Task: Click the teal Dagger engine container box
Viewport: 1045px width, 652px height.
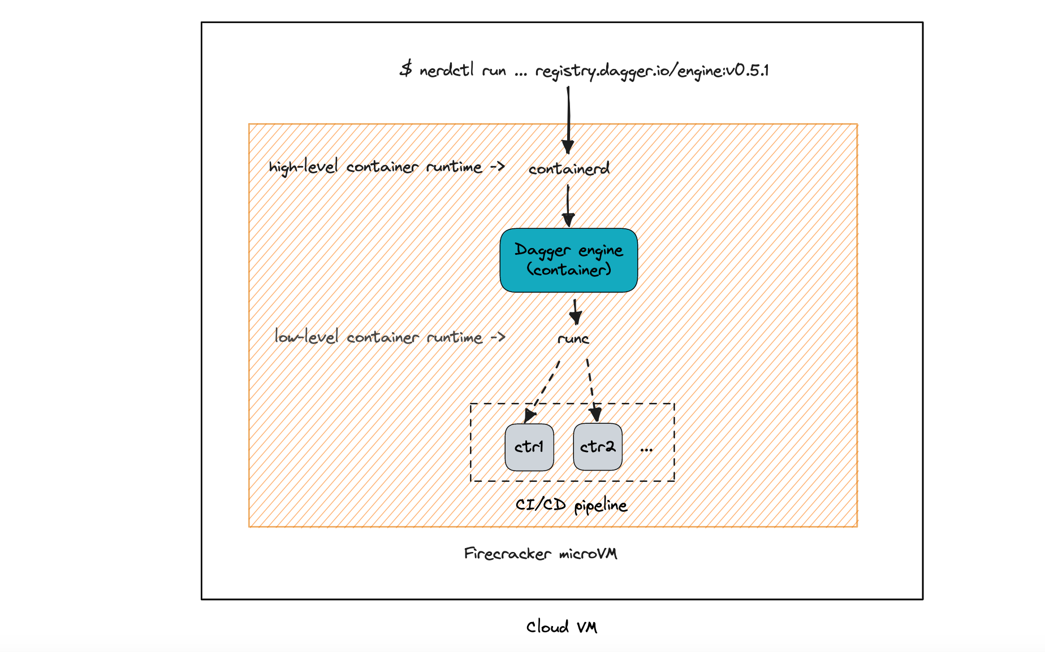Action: (x=568, y=260)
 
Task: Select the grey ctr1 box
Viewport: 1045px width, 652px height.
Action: (x=529, y=447)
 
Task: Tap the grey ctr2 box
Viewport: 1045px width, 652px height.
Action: (x=597, y=447)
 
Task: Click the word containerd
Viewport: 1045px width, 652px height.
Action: (x=569, y=168)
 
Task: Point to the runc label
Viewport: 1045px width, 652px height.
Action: (x=573, y=338)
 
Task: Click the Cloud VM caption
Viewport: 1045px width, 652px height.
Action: (x=562, y=627)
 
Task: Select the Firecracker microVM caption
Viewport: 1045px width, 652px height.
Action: (x=540, y=553)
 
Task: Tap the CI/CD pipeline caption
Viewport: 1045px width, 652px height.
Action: (x=571, y=505)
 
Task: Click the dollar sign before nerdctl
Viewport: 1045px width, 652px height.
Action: (x=405, y=69)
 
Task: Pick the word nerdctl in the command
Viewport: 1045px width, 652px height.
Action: (x=447, y=70)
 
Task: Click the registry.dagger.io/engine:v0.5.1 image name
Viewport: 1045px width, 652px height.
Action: (x=651, y=71)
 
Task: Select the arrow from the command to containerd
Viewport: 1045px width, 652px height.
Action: (x=568, y=119)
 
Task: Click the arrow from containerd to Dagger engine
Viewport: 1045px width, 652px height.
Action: (x=568, y=206)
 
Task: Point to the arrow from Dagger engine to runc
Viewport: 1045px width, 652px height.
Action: (x=576, y=311)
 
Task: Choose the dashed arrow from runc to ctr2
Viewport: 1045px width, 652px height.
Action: (x=591, y=390)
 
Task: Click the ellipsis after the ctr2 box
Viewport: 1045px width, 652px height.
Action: (x=646, y=450)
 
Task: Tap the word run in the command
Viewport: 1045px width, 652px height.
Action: (x=494, y=71)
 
